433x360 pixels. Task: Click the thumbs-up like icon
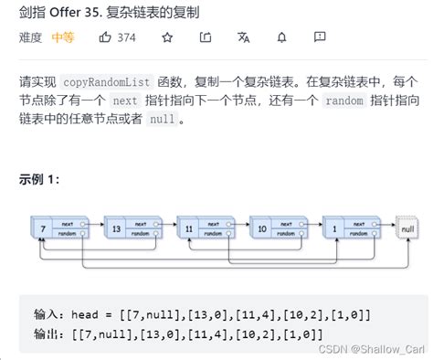coord(105,38)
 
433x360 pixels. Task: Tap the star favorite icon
coord(166,38)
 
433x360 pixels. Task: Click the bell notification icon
coord(281,38)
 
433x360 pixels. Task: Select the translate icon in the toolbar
coord(243,38)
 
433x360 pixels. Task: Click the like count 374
coord(127,38)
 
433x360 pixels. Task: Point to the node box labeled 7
coord(40,228)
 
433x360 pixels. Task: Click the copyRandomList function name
coord(121,81)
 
